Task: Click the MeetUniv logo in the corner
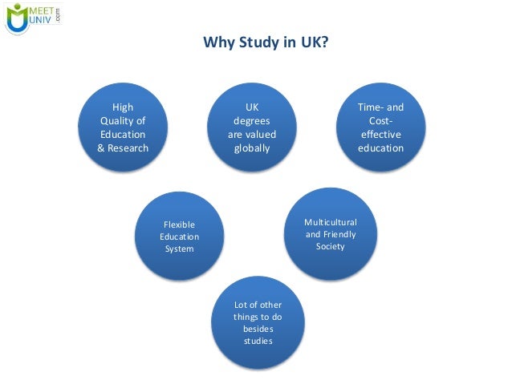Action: [34, 18]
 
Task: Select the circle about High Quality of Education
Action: [123, 128]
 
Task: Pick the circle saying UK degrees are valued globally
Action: [252, 128]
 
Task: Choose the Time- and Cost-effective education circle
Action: [380, 128]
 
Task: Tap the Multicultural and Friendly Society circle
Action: [330, 233]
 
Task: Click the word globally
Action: [252, 148]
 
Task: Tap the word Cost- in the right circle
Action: [380, 120]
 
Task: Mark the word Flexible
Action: [179, 225]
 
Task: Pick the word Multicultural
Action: [330, 221]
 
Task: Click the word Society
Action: [330, 247]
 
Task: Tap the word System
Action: [179, 249]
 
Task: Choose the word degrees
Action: [252, 120]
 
